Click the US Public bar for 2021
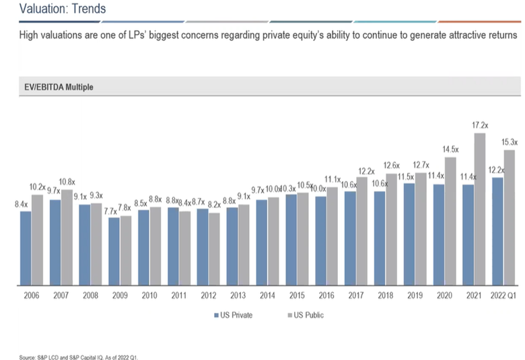tap(480, 209)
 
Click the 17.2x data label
tap(480, 124)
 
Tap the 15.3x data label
tap(510, 142)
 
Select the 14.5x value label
tap(450, 149)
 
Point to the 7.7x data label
tap(110, 211)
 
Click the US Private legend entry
tap(234, 315)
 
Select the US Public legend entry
tap(306, 315)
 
